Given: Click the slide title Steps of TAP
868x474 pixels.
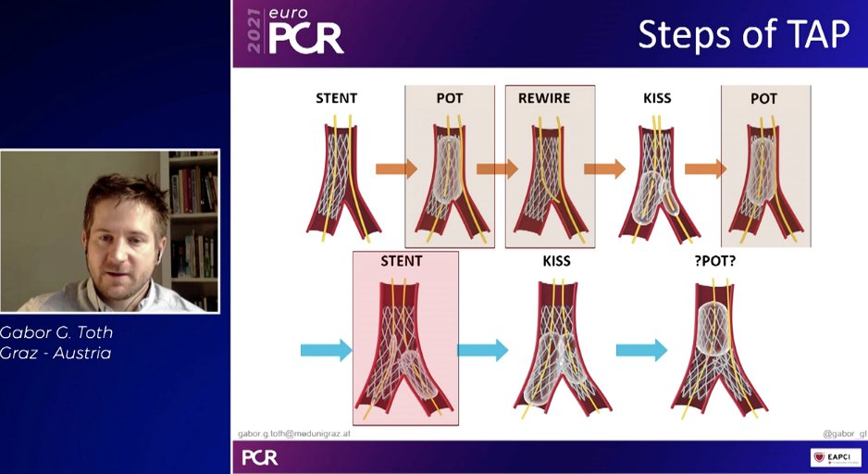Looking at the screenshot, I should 743,33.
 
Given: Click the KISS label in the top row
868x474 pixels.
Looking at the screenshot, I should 656,98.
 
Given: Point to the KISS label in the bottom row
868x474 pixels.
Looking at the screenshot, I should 557,261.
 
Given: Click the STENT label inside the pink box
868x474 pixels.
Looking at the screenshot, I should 401,261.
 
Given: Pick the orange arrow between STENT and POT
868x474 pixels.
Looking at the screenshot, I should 396,168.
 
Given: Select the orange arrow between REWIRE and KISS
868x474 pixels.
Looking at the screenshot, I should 604,168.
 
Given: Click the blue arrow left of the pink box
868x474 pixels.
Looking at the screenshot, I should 327,350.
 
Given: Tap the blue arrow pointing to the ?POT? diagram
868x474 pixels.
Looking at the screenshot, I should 641,350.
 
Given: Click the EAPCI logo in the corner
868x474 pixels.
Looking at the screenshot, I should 836,457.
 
